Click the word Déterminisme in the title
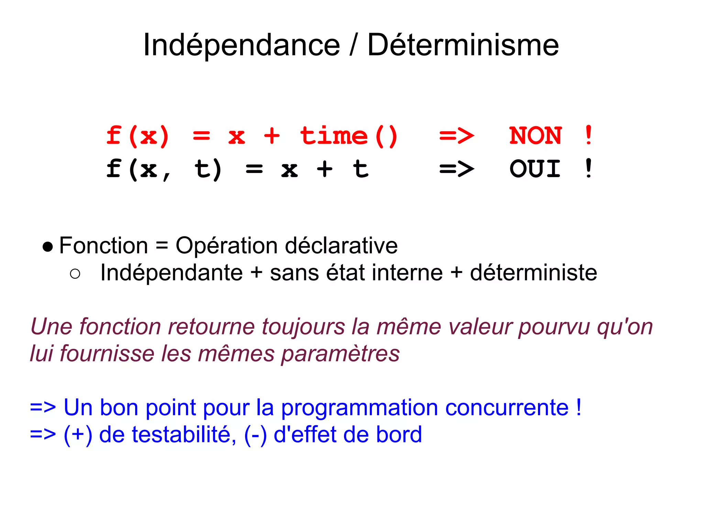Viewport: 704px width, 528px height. coord(463,45)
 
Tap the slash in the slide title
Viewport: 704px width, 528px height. coord(353,45)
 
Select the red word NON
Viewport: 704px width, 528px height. coord(535,135)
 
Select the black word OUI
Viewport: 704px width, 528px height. coord(535,169)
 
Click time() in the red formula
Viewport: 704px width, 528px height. coord(349,136)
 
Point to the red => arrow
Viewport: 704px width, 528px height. coord(456,136)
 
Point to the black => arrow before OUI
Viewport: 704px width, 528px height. coord(456,169)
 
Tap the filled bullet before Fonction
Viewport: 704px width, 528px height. coord(48,247)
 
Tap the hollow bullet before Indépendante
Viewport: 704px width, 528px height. coord(75,274)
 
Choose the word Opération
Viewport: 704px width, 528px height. coord(227,246)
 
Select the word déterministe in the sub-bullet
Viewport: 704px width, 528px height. coord(533,273)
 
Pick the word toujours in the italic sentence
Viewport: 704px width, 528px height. coord(303,327)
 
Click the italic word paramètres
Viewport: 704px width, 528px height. coord(340,354)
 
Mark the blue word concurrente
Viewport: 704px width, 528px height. coord(507,408)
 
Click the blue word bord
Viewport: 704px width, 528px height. coord(399,434)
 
